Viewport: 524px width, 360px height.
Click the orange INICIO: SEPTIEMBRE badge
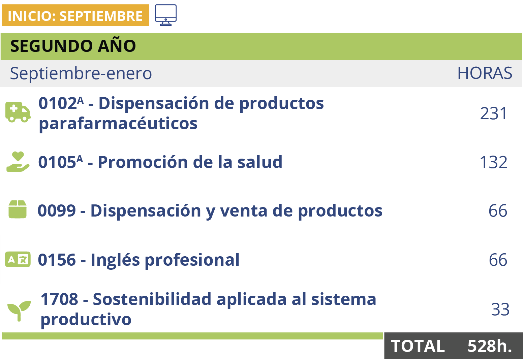point(75,15)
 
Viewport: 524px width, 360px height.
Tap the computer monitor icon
point(165,15)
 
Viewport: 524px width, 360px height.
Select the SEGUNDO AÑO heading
point(73,46)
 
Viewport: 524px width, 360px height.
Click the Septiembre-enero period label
point(81,73)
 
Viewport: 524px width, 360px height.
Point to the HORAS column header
point(485,73)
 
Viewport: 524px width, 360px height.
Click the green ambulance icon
point(18,112)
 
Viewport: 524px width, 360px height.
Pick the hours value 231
point(493,113)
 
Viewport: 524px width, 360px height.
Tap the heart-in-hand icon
point(18,162)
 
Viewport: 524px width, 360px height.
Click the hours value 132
point(493,162)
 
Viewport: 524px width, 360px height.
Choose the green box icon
point(18,209)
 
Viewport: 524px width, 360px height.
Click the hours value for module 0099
point(498,211)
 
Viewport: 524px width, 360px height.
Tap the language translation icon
point(18,259)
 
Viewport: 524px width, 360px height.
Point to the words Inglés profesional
point(165,260)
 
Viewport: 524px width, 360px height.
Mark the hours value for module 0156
point(498,260)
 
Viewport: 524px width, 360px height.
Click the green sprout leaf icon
point(19,310)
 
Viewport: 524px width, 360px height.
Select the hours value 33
point(500,309)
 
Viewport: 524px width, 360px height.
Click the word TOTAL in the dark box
point(418,346)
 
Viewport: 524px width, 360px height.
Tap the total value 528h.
point(490,346)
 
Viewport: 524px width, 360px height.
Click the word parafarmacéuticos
point(118,124)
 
